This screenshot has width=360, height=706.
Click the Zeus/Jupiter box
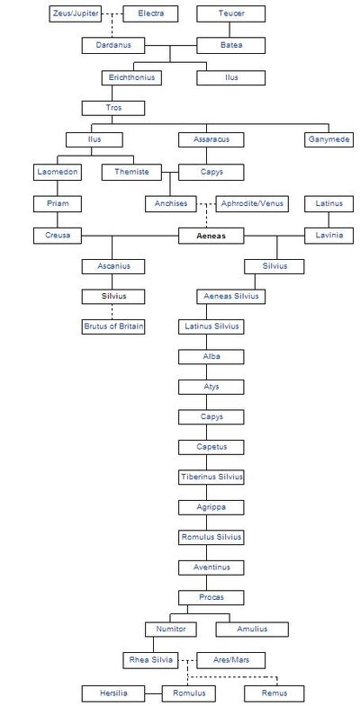tap(76, 14)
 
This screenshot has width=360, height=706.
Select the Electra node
tap(150, 14)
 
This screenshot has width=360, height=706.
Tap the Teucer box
tap(230, 14)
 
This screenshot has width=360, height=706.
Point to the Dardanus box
tap(113, 46)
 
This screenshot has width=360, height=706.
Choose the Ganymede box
tap(328, 139)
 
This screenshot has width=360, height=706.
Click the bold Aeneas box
tap(211, 236)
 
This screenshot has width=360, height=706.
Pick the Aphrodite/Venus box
tap(252, 204)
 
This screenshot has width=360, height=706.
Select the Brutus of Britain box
tap(113, 326)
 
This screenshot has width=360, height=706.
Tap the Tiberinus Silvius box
tap(211, 477)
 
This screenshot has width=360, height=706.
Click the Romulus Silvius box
tap(211, 537)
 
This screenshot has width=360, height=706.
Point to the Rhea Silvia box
tap(150, 660)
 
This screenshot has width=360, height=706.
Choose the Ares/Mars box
tap(230, 660)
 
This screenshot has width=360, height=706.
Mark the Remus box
tap(274, 693)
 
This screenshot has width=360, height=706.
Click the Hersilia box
tap(113, 693)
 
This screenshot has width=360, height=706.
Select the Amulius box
tap(252, 629)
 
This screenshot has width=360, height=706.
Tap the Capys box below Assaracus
tap(211, 172)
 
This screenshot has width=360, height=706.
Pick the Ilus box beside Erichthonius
tap(230, 77)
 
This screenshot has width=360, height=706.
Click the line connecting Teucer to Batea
tap(229, 30)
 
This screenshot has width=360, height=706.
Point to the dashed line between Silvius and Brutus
tap(112, 311)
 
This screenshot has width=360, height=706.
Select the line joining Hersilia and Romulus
tap(153, 693)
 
